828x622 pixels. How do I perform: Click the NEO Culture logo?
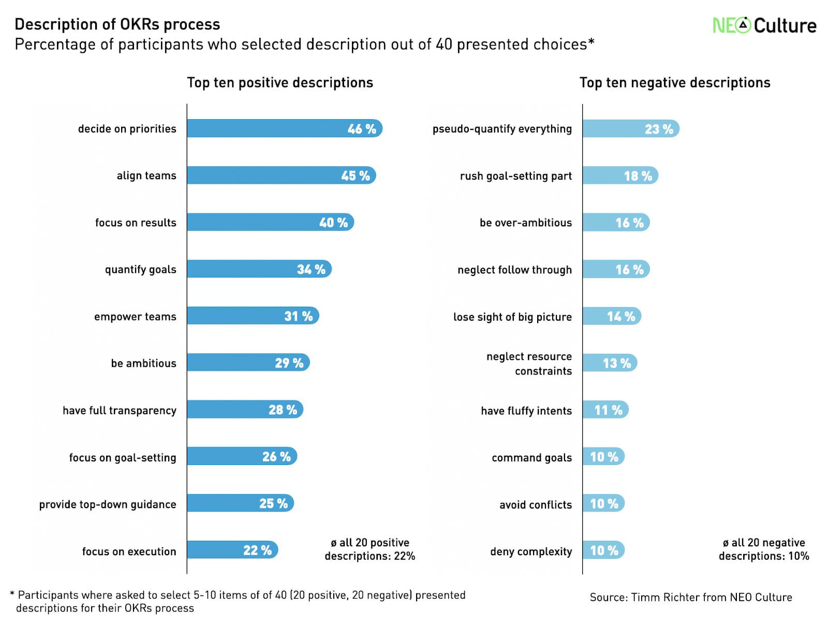(764, 25)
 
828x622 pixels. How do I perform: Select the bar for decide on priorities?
(284, 128)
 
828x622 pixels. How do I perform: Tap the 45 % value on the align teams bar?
(356, 176)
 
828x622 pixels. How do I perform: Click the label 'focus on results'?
(136, 223)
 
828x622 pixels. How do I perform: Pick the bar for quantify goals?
(259, 269)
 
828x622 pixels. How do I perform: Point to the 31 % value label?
(299, 316)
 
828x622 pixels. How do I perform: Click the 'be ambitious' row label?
(143, 363)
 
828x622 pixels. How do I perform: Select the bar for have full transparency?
(244, 410)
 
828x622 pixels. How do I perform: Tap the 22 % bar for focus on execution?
(232, 550)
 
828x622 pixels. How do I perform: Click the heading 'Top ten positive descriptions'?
(280, 83)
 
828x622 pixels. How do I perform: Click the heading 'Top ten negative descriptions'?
(675, 83)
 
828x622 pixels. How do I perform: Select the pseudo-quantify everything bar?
(630, 129)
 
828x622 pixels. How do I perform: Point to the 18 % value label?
(638, 176)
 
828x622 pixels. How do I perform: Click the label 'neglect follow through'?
(514, 270)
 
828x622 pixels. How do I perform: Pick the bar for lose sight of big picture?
(611, 316)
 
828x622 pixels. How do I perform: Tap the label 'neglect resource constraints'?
(529, 364)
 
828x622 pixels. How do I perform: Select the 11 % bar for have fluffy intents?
(605, 410)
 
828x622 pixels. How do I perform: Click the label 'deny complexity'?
(531, 552)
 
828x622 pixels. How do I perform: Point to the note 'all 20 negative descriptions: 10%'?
(763, 549)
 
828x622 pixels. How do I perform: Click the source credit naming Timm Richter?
(690, 597)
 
